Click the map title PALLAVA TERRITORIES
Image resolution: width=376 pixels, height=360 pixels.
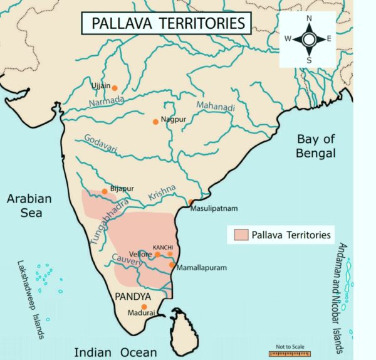(x=166, y=24)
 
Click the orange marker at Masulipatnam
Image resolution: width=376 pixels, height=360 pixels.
(x=191, y=202)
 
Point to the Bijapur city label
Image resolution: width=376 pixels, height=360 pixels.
(x=122, y=188)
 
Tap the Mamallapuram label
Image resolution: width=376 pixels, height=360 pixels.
(x=202, y=267)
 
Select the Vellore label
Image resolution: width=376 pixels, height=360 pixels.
(x=142, y=255)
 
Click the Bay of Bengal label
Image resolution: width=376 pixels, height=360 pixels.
(x=316, y=146)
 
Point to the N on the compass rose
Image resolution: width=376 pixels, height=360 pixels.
(x=309, y=19)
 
